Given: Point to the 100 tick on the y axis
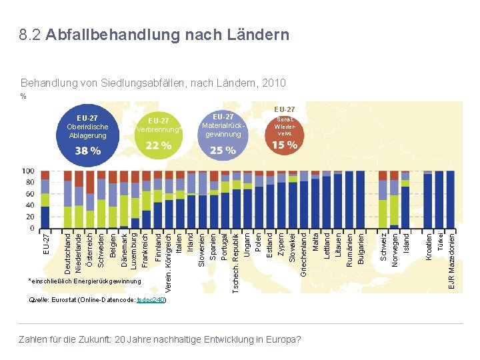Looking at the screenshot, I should pyautogui.click(x=28, y=172).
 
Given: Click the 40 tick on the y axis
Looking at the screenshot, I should pyautogui.click(x=30, y=206).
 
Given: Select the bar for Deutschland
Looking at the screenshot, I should pyautogui.click(x=68, y=200).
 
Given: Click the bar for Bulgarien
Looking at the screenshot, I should pyautogui.click(x=361, y=200).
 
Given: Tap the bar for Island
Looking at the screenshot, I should pyautogui.click(x=405, y=200).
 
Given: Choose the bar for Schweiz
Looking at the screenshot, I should pyautogui.click(x=383, y=200).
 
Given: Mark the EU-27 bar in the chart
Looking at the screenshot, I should pyautogui.click(x=45, y=200).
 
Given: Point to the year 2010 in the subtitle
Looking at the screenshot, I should pyautogui.click(x=275, y=83).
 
